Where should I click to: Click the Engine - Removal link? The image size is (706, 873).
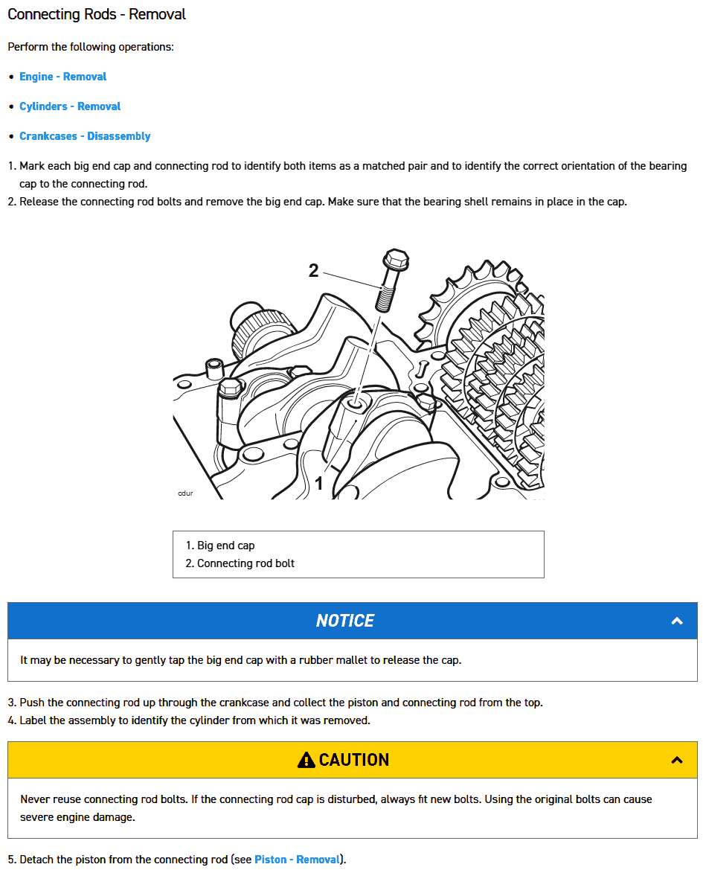point(62,77)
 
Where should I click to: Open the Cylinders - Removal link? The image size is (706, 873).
point(70,106)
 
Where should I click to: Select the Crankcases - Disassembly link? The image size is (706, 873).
point(85,136)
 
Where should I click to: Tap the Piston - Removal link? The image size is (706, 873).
point(298,860)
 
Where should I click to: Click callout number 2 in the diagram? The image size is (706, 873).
point(313,271)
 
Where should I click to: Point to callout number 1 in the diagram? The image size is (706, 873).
point(319,484)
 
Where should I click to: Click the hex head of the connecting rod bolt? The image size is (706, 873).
point(394,260)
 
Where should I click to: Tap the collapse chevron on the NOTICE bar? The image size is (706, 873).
point(677,621)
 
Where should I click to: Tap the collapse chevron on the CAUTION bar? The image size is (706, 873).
point(677,760)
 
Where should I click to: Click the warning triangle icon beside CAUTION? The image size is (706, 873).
point(306,760)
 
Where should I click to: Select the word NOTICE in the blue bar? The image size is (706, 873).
point(344,621)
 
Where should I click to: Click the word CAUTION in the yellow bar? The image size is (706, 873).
point(354,760)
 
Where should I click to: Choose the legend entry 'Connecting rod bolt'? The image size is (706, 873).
point(246,563)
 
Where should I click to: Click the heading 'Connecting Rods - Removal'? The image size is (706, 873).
point(97,14)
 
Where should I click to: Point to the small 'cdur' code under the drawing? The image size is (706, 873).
point(185,493)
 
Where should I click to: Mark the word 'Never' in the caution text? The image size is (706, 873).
point(35,799)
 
